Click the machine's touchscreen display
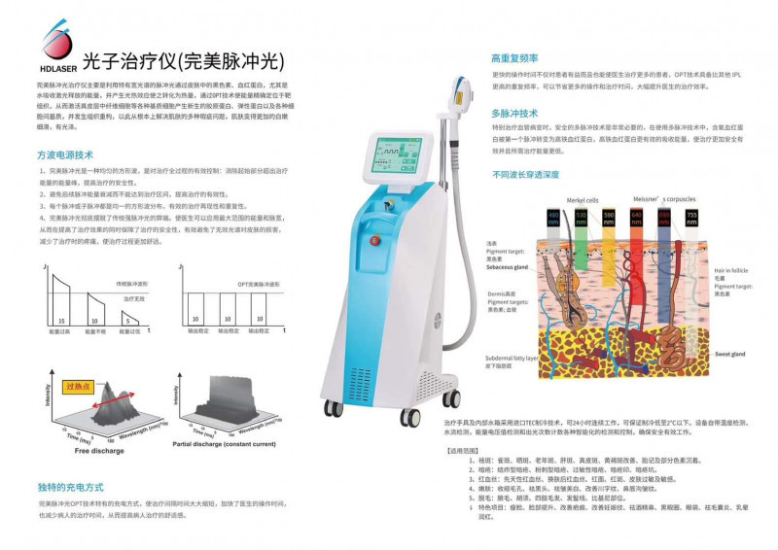393,160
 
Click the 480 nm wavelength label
554,215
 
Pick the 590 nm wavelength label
610,215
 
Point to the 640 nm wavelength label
637,215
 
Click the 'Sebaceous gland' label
507,266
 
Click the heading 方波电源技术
65,155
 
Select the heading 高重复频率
514,58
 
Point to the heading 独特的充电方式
70,486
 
